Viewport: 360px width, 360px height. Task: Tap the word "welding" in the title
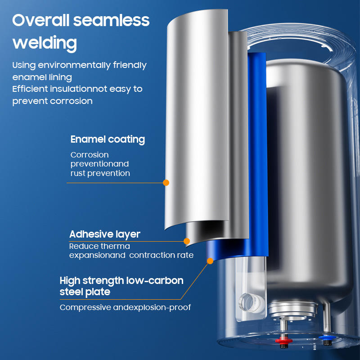pyautogui.click(x=45, y=43)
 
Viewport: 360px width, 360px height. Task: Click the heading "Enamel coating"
pyautogui.click(x=108, y=139)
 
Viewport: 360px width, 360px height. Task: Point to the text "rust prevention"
pyautogui.click(x=100, y=173)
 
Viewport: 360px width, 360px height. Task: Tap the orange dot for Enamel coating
pyautogui.click(x=166, y=183)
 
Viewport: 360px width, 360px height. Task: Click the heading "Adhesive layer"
pyautogui.click(x=104, y=234)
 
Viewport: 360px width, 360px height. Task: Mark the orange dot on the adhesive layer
pyautogui.click(x=187, y=241)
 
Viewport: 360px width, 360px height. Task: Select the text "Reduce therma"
pyautogui.click(x=99, y=246)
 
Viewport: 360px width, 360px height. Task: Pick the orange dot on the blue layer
pyautogui.click(x=210, y=260)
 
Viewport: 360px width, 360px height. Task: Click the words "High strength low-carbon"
pyautogui.click(x=121, y=281)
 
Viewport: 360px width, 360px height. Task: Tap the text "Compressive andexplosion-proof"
pyautogui.click(x=126, y=307)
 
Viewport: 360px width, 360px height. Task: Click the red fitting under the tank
pyautogui.click(x=283, y=340)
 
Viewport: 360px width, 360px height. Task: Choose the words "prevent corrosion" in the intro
pyautogui.click(x=52, y=101)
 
